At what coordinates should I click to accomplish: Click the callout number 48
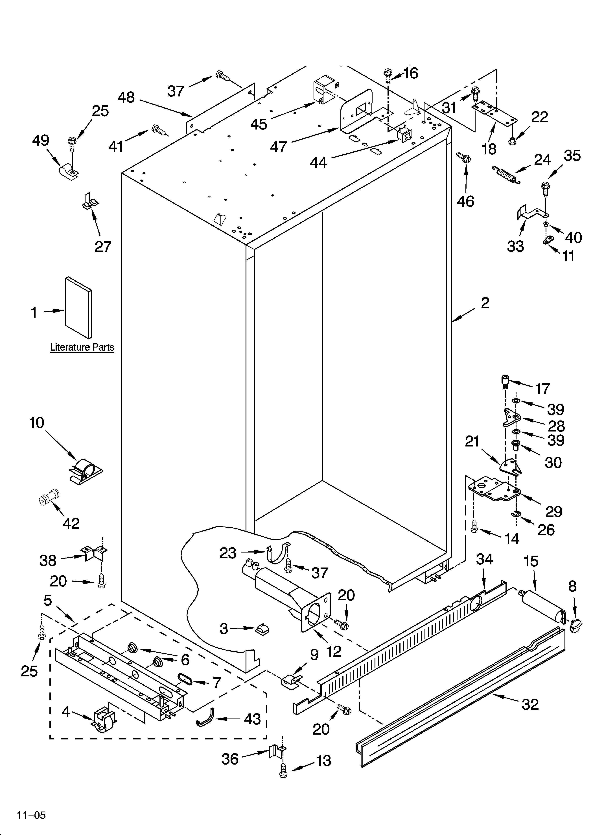click(126, 98)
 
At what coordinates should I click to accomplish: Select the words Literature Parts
click(82, 347)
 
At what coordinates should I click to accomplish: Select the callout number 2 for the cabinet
click(485, 303)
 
